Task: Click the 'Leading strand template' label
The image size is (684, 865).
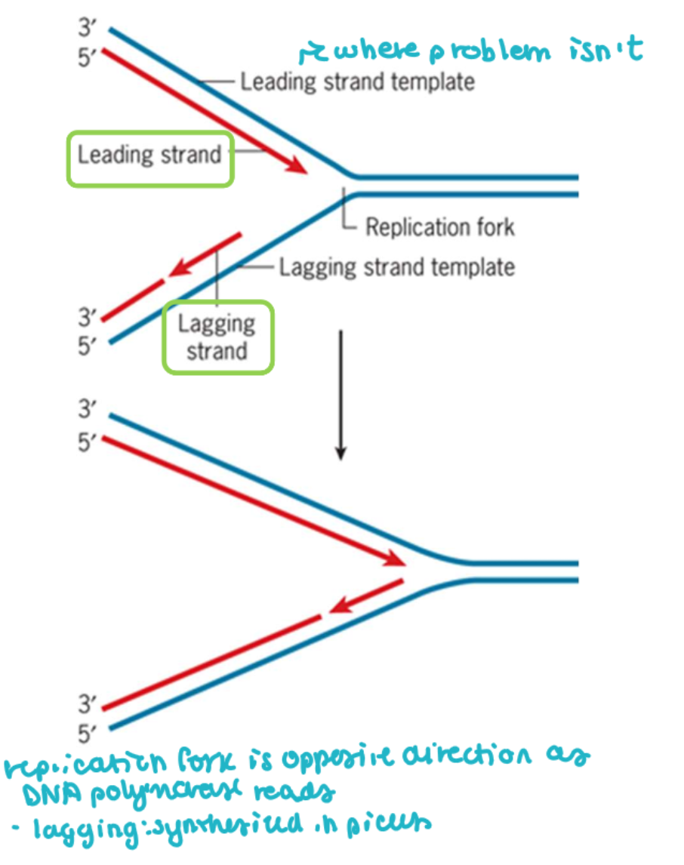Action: pos(357,81)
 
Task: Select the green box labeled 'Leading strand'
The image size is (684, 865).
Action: pos(149,156)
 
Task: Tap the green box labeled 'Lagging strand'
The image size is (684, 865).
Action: pos(217,337)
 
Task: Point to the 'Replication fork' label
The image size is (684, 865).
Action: pos(439,226)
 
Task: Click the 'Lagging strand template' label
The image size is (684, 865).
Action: pos(397,266)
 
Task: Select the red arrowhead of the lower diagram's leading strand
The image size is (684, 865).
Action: pos(396,559)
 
